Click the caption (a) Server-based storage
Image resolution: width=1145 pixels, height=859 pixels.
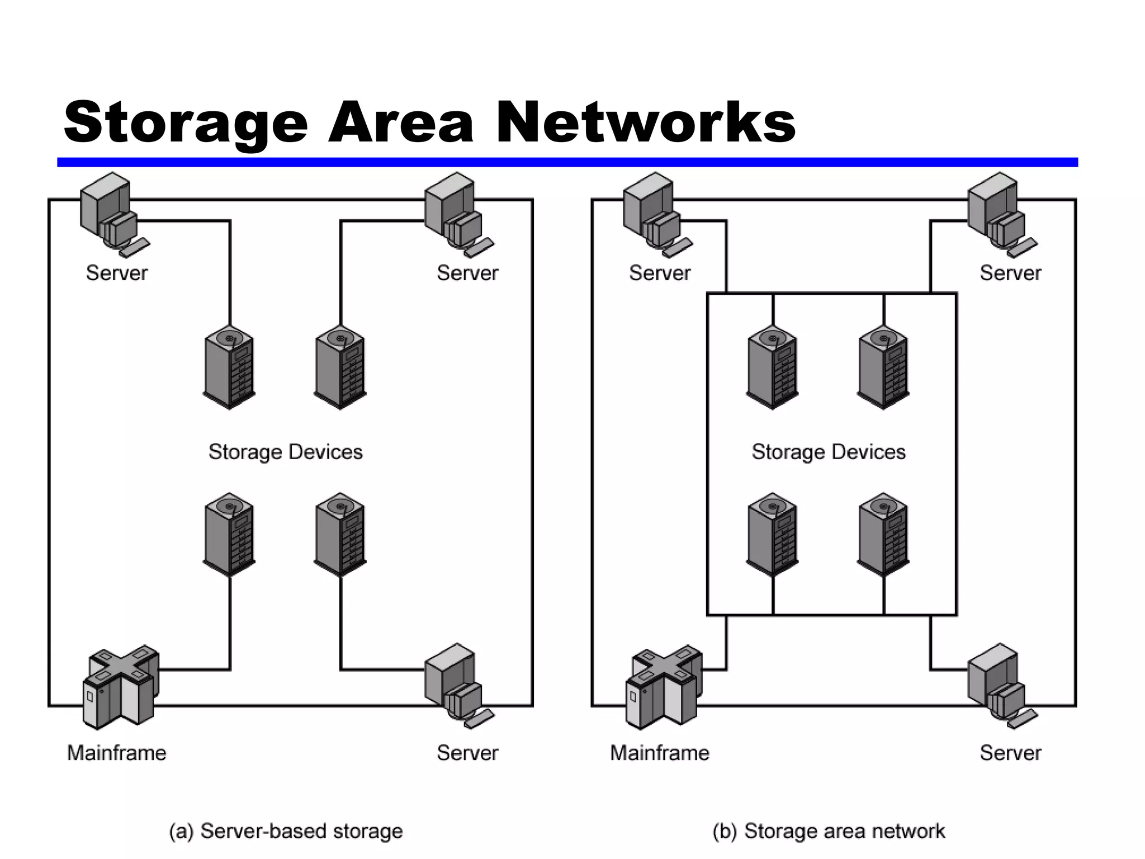tap(286, 831)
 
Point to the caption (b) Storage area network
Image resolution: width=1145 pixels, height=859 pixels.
tap(829, 831)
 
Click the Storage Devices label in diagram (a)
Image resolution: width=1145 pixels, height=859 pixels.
tap(286, 452)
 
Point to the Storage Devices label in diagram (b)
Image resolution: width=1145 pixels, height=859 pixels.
tap(829, 452)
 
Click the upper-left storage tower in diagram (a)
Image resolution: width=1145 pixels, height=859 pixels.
tap(229, 367)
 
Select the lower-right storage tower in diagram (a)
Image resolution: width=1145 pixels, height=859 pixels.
tap(340, 535)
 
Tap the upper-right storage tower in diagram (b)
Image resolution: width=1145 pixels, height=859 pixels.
tap(883, 367)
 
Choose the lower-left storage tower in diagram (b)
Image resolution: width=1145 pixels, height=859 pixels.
tap(773, 535)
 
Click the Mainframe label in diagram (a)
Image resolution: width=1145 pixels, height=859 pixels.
tap(116, 753)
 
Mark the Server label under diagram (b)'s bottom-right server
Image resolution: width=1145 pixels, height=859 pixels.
tap(1010, 753)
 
